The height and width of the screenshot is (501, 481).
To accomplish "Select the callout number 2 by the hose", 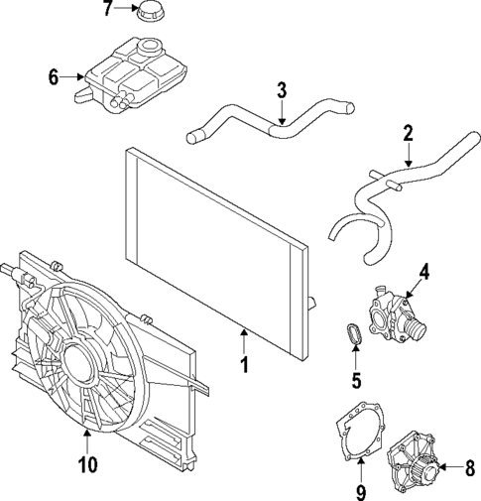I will [407, 133].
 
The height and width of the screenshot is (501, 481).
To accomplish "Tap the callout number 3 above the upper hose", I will [282, 91].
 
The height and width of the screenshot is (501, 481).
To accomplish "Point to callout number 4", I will [423, 269].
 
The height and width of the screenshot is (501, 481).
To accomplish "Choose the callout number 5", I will [355, 377].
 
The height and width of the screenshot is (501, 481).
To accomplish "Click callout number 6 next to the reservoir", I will [55, 75].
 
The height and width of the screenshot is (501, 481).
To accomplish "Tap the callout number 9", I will [360, 491].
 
